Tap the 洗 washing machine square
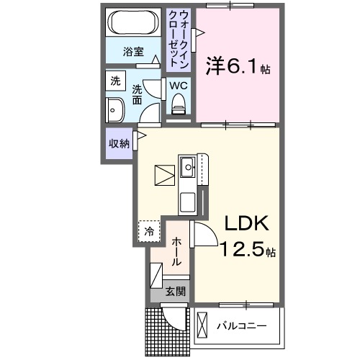[x=115, y=82]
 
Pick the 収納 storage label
[x=119, y=144]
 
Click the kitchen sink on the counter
[x=188, y=168]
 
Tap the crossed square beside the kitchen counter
[x=164, y=176]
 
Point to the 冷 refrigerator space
[x=148, y=232]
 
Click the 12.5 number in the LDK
[x=243, y=251]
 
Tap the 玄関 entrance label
[x=176, y=292]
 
